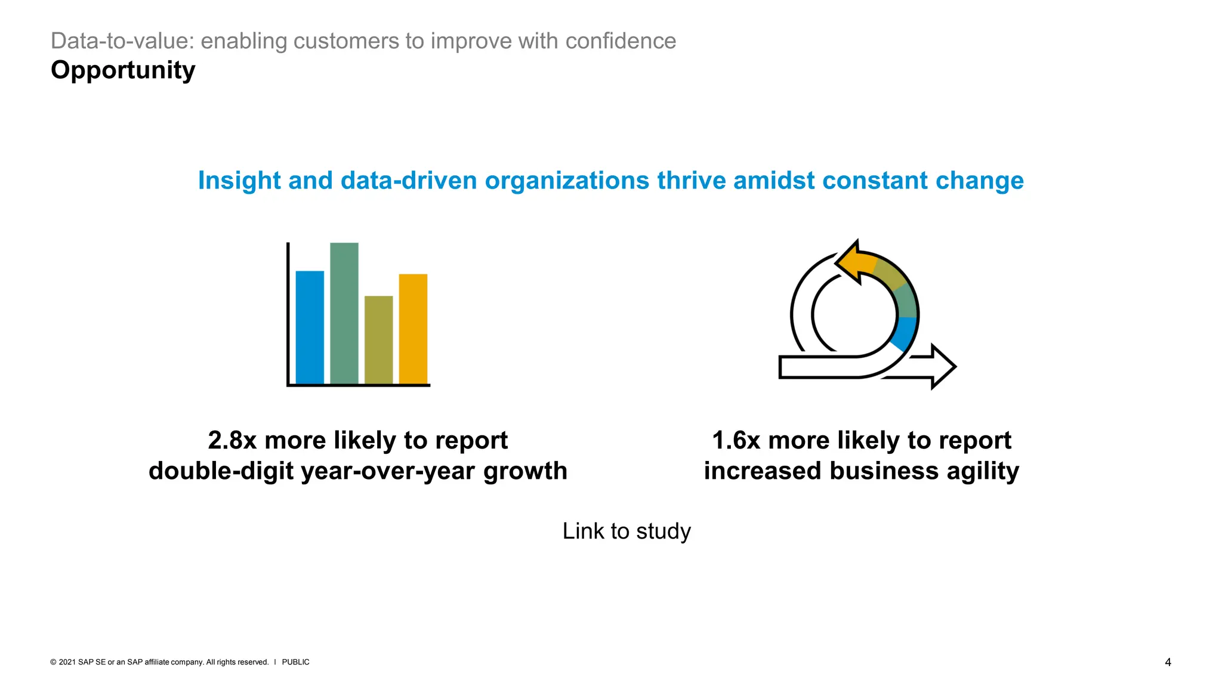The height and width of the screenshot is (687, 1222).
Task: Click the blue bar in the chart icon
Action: click(310, 327)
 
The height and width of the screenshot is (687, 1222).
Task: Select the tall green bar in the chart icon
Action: click(344, 313)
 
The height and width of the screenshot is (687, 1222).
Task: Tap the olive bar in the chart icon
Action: click(378, 340)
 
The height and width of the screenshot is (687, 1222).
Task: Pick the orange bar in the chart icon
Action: click(413, 329)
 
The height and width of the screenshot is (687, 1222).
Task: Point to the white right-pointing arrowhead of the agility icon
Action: click(943, 367)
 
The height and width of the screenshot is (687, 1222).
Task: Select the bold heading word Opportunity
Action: click(123, 70)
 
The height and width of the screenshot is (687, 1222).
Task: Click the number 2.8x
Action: click(232, 441)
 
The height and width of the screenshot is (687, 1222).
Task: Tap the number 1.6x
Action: click(736, 441)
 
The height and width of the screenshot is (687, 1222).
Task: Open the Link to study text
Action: click(627, 531)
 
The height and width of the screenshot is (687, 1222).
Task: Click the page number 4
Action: click(1168, 662)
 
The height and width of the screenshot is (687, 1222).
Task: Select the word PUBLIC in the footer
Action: click(295, 662)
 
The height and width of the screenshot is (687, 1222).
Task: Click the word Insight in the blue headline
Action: click(239, 181)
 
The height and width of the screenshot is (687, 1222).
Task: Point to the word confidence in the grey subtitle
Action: click(621, 41)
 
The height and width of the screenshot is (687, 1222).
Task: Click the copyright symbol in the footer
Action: click(53, 662)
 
